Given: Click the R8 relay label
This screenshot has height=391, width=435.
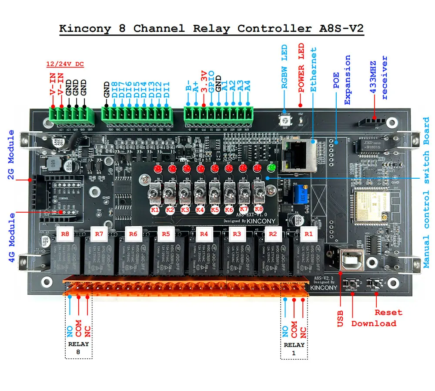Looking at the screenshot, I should (x=65, y=234).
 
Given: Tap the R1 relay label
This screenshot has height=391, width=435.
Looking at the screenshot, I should (x=308, y=234).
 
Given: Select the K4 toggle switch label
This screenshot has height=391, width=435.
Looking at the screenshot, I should (x=200, y=210).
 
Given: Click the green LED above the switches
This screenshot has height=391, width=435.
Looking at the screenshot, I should (x=271, y=168).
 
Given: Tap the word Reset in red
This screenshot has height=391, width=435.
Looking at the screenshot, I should (x=388, y=312).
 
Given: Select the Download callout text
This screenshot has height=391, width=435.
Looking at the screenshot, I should (x=374, y=323).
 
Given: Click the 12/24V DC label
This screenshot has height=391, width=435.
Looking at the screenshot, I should (x=65, y=65).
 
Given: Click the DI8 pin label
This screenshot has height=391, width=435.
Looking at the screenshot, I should (x=115, y=89).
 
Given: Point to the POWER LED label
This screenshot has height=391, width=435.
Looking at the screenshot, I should (x=301, y=68).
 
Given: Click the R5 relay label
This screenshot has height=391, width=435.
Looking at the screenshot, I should (x=165, y=234).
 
